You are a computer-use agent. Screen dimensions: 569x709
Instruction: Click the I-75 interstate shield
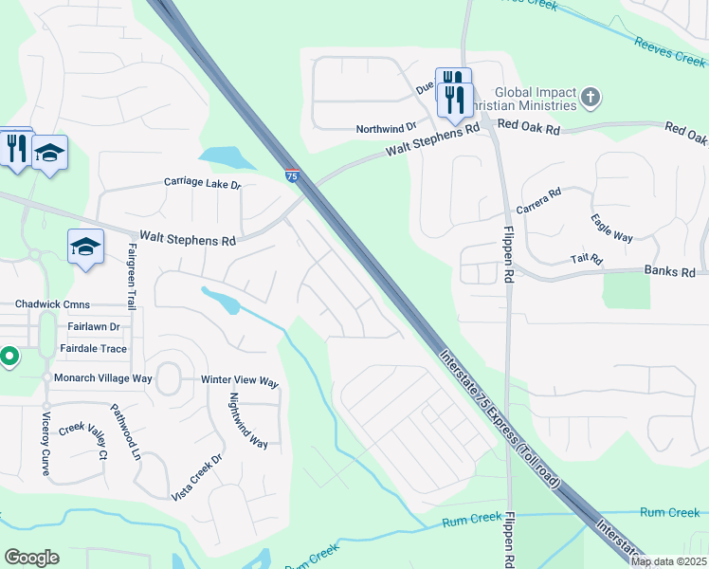point(293,174)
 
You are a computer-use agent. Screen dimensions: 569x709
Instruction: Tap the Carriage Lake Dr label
point(203,182)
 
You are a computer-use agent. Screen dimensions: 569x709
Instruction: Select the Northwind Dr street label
point(386,128)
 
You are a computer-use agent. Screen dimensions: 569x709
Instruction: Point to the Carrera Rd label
point(538,200)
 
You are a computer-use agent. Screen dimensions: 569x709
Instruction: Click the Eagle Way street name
point(611,229)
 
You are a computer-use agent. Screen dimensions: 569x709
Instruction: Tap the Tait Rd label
point(587,258)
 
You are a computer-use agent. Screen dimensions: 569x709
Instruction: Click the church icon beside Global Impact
point(591,97)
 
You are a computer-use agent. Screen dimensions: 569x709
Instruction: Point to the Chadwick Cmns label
point(52,305)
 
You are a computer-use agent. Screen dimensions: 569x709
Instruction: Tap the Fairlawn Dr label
point(93,326)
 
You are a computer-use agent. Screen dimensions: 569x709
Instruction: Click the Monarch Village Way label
point(102,377)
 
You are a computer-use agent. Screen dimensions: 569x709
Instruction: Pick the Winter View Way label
point(240,382)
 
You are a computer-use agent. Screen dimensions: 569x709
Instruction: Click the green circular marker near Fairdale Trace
point(9,357)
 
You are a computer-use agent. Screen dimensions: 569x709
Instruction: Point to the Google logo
point(31,558)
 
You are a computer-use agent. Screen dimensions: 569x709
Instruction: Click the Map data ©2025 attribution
point(667,561)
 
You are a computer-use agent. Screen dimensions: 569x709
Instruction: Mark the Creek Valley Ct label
point(83,440)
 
